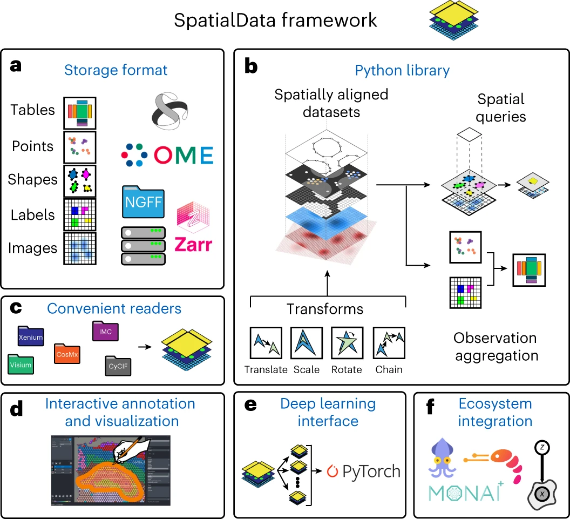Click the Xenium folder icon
click(30, 336)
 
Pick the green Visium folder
click(21, 364)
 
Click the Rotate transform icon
click(347, 343)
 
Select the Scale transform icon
click(307, 343)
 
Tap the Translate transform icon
click(266, 343)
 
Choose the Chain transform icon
click(389, 343)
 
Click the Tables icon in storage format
click(80, 111)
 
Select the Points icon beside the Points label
click(80, 147)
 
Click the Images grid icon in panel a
click(80, 248)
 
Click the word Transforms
click(325, 309)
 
